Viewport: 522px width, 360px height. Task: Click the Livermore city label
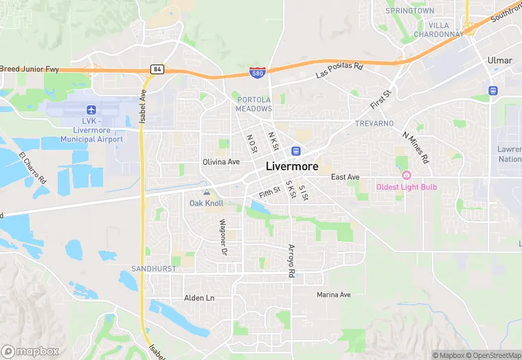click(292, 166)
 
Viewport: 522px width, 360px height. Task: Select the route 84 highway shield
click(157, 69)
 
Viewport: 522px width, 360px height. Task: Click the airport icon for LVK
click(91, 110)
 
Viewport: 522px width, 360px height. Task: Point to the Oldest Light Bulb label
click(406, 187)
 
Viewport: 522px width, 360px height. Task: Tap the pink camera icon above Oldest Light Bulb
click(406, 175)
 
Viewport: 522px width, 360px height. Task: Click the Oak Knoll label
click(206, 203)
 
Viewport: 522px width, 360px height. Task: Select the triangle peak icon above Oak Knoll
click(206, 192)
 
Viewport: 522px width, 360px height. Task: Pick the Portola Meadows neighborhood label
click(254, 104)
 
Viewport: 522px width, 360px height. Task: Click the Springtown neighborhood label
click(409, 11)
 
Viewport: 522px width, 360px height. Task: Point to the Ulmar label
click(499, 60)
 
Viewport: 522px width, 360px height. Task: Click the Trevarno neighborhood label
click(374, 123)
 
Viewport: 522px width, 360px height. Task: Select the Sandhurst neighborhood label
click(154, 268)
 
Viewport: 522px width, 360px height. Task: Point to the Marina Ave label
click(334, 295)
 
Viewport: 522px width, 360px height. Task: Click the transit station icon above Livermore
click(296, 151)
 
